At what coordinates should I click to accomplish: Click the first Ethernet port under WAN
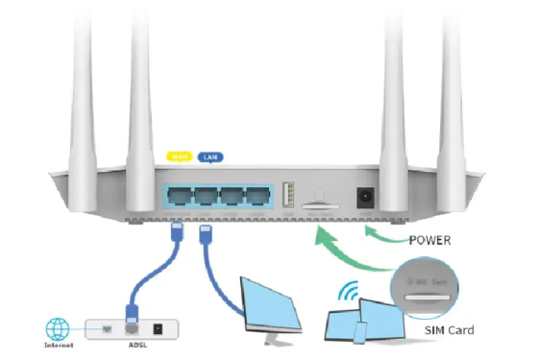(178, 194)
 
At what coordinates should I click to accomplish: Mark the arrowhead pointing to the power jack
(376, 230)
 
